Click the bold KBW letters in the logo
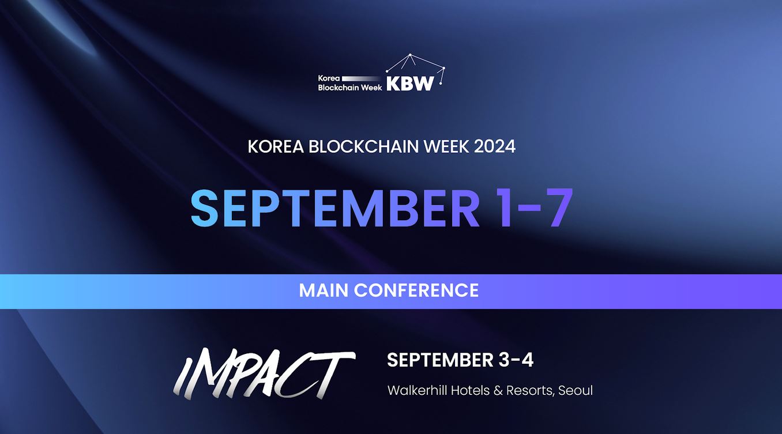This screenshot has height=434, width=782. pos(409,84)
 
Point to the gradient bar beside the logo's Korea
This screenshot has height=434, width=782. pos(362,78)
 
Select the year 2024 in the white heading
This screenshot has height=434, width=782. pos(494,146)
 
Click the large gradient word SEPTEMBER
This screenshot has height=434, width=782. pos(335,207)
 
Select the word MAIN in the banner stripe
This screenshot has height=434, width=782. pos(324,290)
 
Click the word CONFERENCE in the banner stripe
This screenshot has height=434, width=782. pos(416,290)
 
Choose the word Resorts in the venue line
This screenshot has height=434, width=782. pos(529,390)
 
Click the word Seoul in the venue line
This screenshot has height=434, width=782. pos(576,390)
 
